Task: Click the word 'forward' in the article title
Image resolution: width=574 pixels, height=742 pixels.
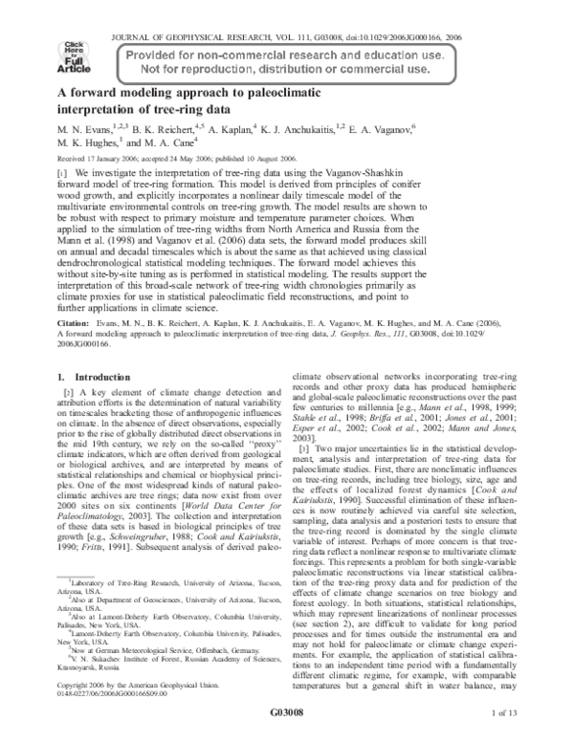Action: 95,94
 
